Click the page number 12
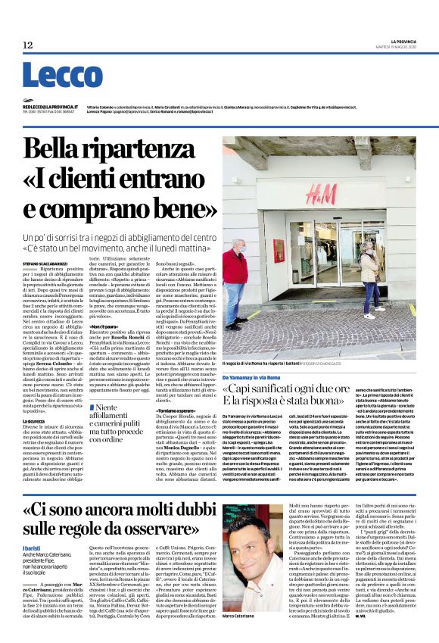tap(27, 45)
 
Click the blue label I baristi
tap(33, 535)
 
